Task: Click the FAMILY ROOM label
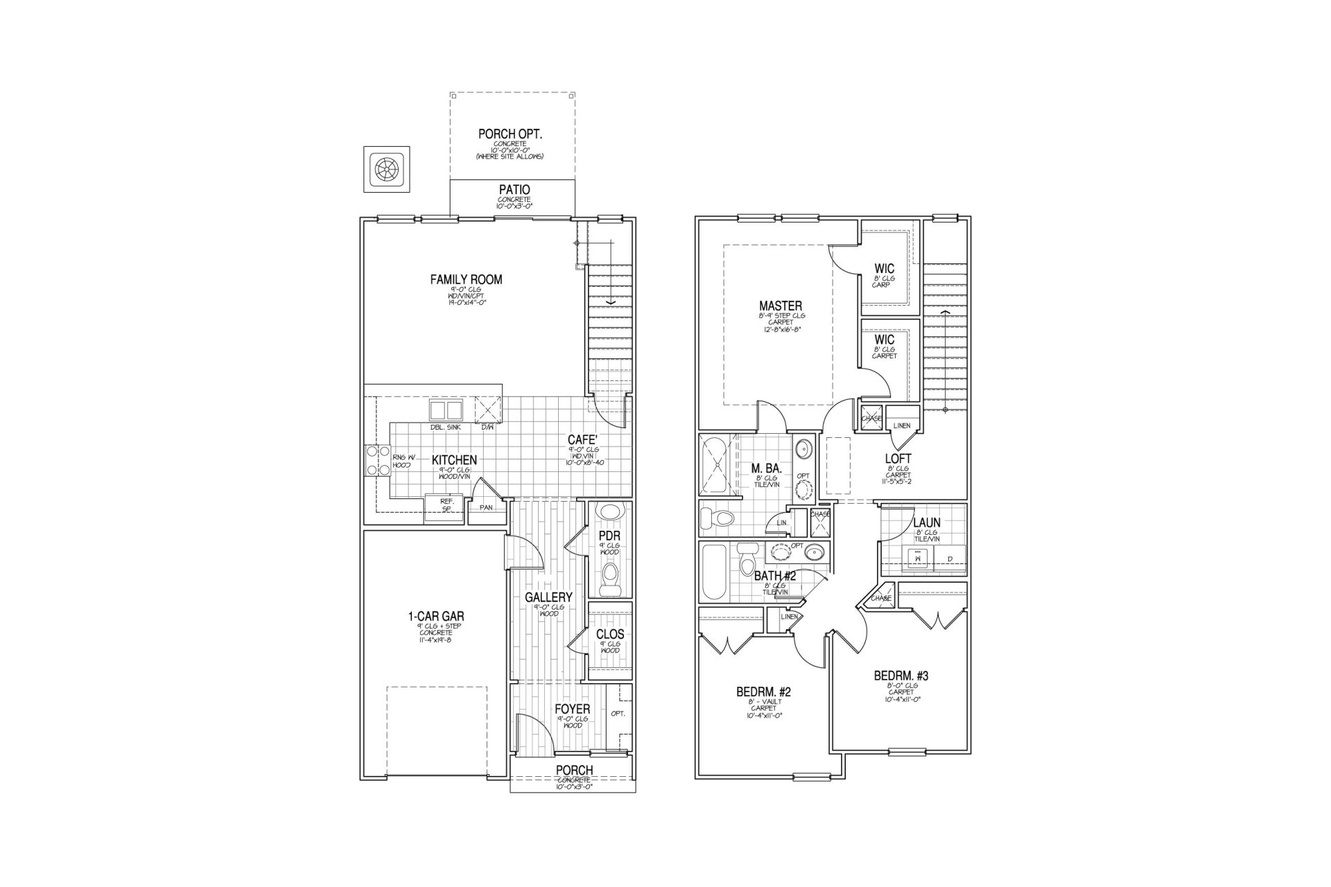(466, 279)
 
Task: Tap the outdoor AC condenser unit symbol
(387, 170)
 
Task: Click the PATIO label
(514, 189)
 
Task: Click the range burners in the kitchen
(376, 459)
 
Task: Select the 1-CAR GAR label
(435, 615)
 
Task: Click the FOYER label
(572, 709)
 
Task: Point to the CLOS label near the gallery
(610, 634)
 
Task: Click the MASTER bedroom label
(781, 306)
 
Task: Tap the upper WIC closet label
(884, 268)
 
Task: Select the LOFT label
(898, 459)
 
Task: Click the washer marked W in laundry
(917, 558)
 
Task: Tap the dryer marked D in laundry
(950, 558)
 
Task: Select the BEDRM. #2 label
(763, 692)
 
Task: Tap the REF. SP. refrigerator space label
(446, 504)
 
